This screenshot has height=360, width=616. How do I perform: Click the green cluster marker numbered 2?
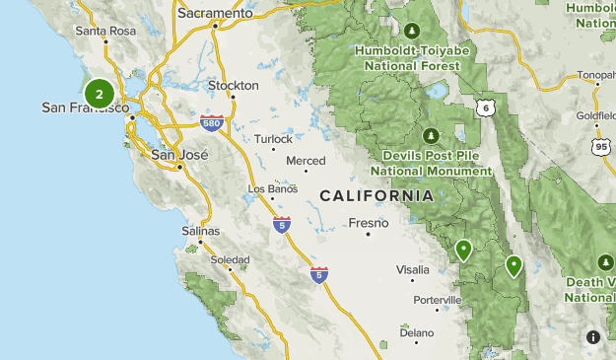pos(99,94)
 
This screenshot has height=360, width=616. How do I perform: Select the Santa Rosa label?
pos(104,31)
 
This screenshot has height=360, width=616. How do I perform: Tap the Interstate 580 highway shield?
pos(212,123)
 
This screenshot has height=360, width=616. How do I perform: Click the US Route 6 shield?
pos(483,107)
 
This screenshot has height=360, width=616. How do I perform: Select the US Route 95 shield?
pos(600,147)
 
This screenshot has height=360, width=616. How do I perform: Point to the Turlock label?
pos(273,139)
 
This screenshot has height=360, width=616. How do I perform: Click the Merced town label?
pos(305,161)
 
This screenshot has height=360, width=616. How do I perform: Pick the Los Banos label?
pos(272,188)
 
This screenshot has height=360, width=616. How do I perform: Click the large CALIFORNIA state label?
pos(376,196)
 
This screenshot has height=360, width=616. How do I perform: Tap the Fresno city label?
pos(372,223)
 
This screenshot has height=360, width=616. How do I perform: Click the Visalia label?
pos(412,269)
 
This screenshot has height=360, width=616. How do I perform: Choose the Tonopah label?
pos(596,75)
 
